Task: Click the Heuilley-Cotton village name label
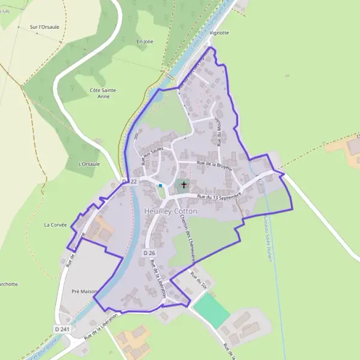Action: click(x=170, y=211)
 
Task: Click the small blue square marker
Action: click(x=160, y=186)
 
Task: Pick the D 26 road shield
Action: click(x=149, y=253)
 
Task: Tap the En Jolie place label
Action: click(x=145, y=41)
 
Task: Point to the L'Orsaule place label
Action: click(x=89, y=164)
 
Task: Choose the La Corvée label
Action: click(x=55, y=225)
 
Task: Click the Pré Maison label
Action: click(x=84, y=291)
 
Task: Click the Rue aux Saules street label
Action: click(x=152, y=156)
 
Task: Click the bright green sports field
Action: click(x=211, y=311)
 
